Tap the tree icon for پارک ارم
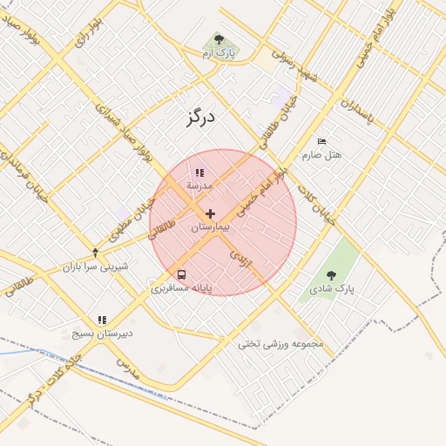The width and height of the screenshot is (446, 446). point(219,40)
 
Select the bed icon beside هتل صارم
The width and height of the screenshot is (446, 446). point(321,141)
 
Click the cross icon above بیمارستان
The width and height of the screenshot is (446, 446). point(210,213)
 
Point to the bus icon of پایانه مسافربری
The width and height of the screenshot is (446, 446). point(181,274)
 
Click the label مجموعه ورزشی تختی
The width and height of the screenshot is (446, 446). point(280,344)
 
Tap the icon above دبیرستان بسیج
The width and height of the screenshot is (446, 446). point(102,320)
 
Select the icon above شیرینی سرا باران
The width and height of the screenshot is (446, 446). point(95,253)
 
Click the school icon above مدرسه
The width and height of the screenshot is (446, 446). point(199,172)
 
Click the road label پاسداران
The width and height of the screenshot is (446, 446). point(356,110)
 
